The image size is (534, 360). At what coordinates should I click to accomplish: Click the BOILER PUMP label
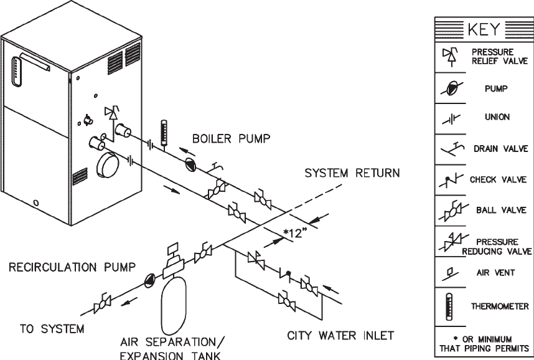tap(231, 139)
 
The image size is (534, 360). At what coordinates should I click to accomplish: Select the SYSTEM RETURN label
tap(352, 173)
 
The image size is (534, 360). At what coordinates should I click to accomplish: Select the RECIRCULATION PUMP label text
tap(72, 268)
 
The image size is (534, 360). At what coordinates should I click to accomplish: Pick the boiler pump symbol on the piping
tap(192, 164)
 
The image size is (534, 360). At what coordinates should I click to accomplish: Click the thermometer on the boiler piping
tap(164, 132)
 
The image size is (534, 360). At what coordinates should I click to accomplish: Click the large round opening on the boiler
tap(111, 167)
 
